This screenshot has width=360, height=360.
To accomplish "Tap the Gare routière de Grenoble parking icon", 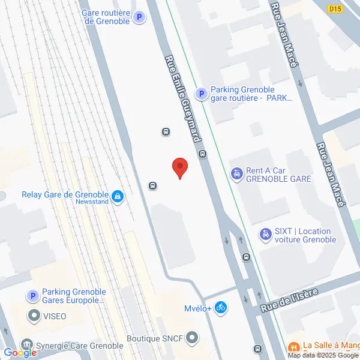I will [x=139, y=18].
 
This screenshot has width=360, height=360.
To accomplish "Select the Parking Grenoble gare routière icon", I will [x=202, y=94].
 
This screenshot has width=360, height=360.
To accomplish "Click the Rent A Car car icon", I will [x=237, y=174].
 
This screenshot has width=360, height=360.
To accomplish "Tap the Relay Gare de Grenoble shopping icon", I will [x=118, y=196].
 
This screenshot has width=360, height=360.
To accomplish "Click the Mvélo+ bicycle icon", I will [x=221, y=308].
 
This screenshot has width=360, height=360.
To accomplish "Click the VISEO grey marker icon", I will [x=34, y=315].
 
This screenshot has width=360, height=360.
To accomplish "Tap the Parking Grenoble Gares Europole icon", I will [x=32, y=296].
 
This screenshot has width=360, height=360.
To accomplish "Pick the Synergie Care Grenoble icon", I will [x=27, y=345].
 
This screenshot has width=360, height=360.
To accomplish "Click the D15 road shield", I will [x=335, y=8].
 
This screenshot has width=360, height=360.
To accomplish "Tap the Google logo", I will [x=20, y=353].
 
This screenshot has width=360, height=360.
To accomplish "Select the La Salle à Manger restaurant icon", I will [x=294, y=346].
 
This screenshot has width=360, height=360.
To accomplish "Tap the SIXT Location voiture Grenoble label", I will [x=307, y=235].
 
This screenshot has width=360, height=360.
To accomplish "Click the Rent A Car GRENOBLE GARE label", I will [x=277, y=175].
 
